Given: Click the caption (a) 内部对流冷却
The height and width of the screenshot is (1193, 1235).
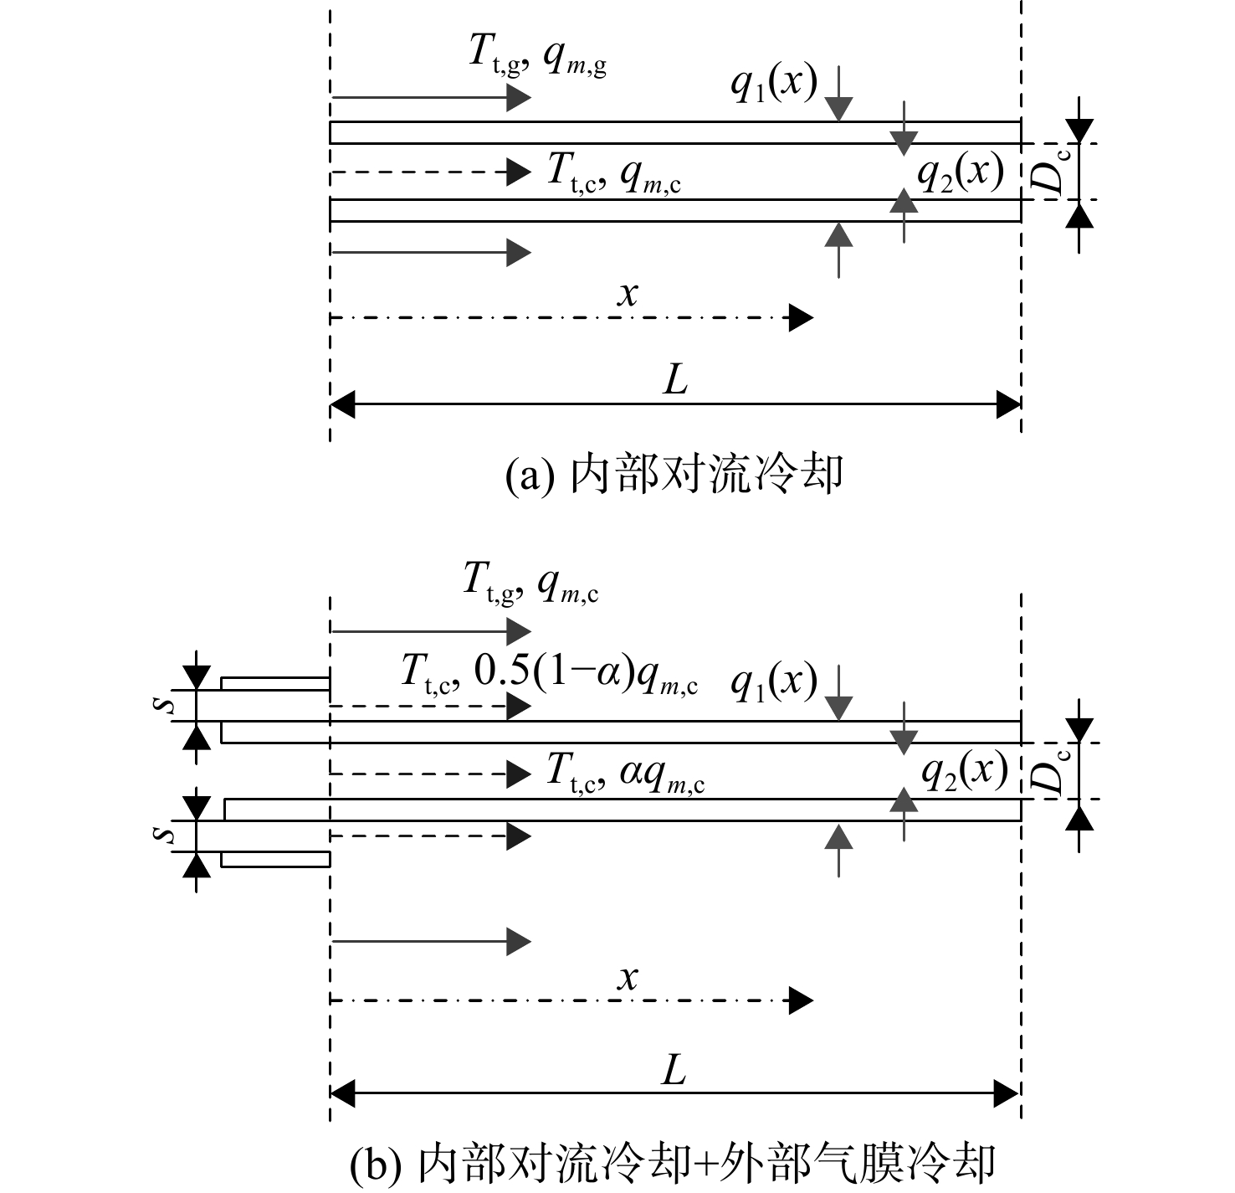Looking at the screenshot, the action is pos(674,475).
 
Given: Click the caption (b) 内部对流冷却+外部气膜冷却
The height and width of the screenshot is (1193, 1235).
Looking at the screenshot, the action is pos(673,1163).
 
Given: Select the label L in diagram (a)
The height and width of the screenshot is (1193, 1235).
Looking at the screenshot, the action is pos(675,381).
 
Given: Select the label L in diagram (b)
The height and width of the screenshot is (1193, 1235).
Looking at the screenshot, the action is pos(674,1071).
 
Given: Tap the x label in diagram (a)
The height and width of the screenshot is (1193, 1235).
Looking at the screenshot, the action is pos(628,295).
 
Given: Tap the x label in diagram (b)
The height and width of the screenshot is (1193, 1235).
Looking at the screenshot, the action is pos(628,979).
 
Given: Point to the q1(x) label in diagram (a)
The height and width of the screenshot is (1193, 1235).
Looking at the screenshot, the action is pos(774,83).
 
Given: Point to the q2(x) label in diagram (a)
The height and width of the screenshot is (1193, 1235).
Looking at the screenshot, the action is pos(961,172).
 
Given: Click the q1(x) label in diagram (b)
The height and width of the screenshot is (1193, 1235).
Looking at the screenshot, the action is pos(774,682).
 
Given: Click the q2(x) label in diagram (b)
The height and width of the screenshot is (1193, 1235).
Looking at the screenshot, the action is pos(965,771).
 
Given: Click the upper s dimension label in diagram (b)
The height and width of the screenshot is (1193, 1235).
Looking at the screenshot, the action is pos(167,705).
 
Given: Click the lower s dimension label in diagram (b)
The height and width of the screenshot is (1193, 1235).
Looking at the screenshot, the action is pos(167,833).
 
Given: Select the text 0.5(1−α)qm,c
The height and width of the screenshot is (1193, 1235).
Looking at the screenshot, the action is pos(586,673).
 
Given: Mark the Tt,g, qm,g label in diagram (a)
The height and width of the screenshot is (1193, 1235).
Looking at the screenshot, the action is pos(537,55).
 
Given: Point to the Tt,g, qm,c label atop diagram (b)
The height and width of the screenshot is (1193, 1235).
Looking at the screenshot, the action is pos(530,584).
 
